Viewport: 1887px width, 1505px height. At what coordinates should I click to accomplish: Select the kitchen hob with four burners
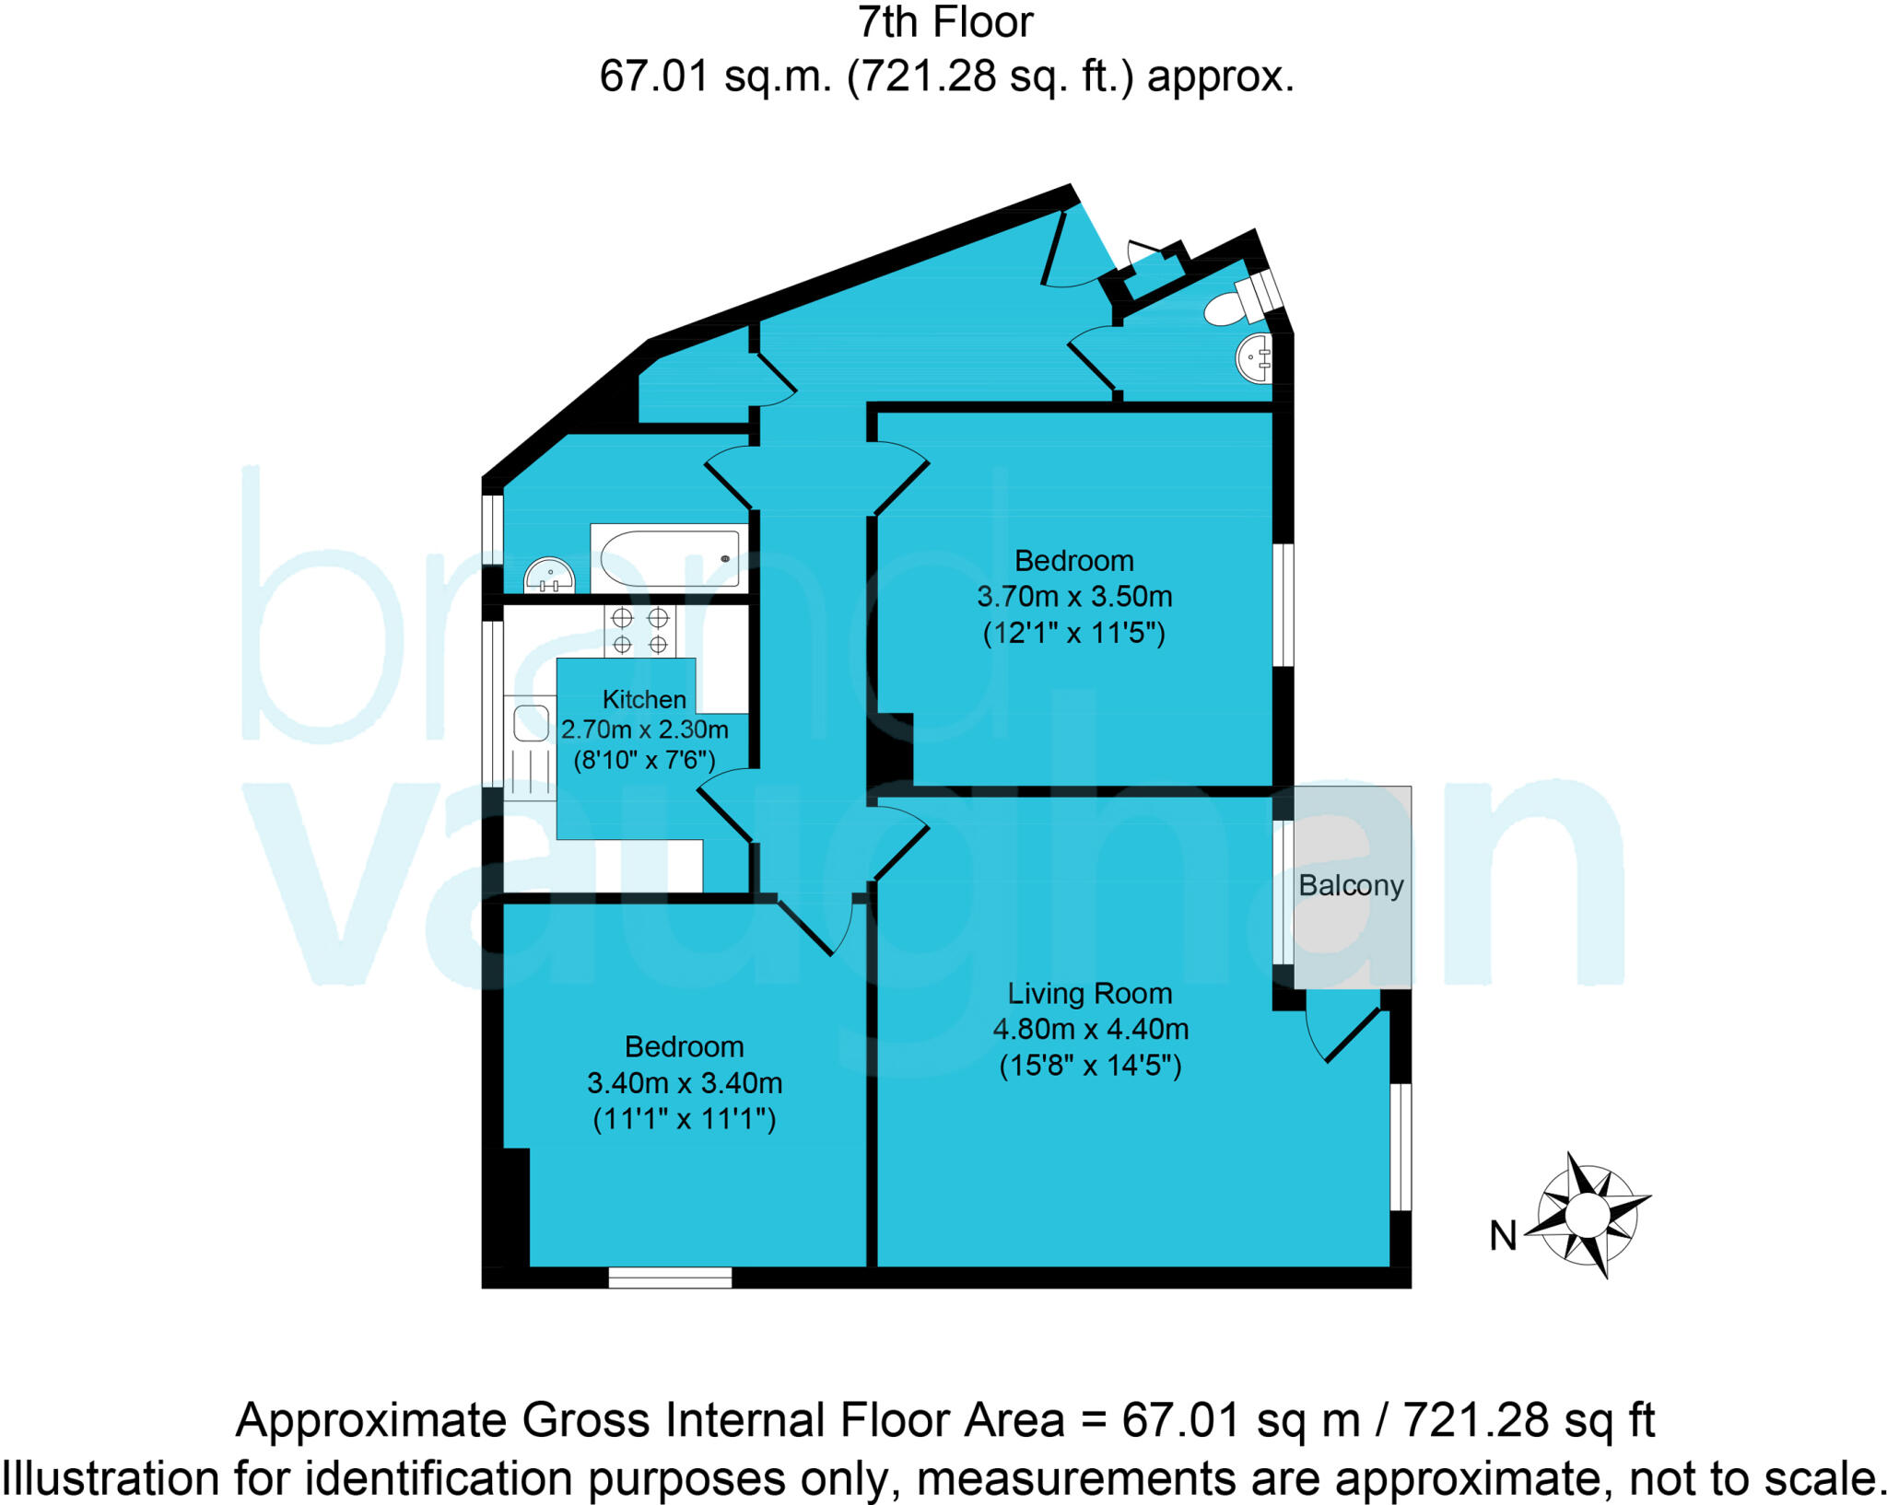coord(639,631)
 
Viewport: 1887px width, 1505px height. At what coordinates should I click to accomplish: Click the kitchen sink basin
coord(531,723)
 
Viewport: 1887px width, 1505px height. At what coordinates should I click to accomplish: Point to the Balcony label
coord(1351,886)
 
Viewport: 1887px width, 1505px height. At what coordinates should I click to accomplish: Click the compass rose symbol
coord(1588,1215)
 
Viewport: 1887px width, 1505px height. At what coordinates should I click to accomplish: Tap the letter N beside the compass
coord(1503,1236)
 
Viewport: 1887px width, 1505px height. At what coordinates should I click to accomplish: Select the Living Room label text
coord(1089,993)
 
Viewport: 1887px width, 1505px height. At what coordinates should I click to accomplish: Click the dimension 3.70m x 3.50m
coord(1073,597)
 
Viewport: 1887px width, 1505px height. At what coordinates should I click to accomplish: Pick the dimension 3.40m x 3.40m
coord(685,1082)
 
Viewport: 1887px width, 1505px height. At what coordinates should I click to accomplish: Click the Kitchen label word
coord(644,699)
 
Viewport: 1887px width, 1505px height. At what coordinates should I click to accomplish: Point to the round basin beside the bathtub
coord(549,577)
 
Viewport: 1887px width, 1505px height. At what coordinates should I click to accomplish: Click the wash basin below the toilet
coord(1255,357)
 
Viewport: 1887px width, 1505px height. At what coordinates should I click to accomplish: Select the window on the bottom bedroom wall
coord(670,1277)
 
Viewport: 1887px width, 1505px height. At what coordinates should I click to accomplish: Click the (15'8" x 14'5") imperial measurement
coord(1090,1066)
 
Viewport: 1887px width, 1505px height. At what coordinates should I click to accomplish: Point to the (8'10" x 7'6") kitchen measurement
coord(644,761)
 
